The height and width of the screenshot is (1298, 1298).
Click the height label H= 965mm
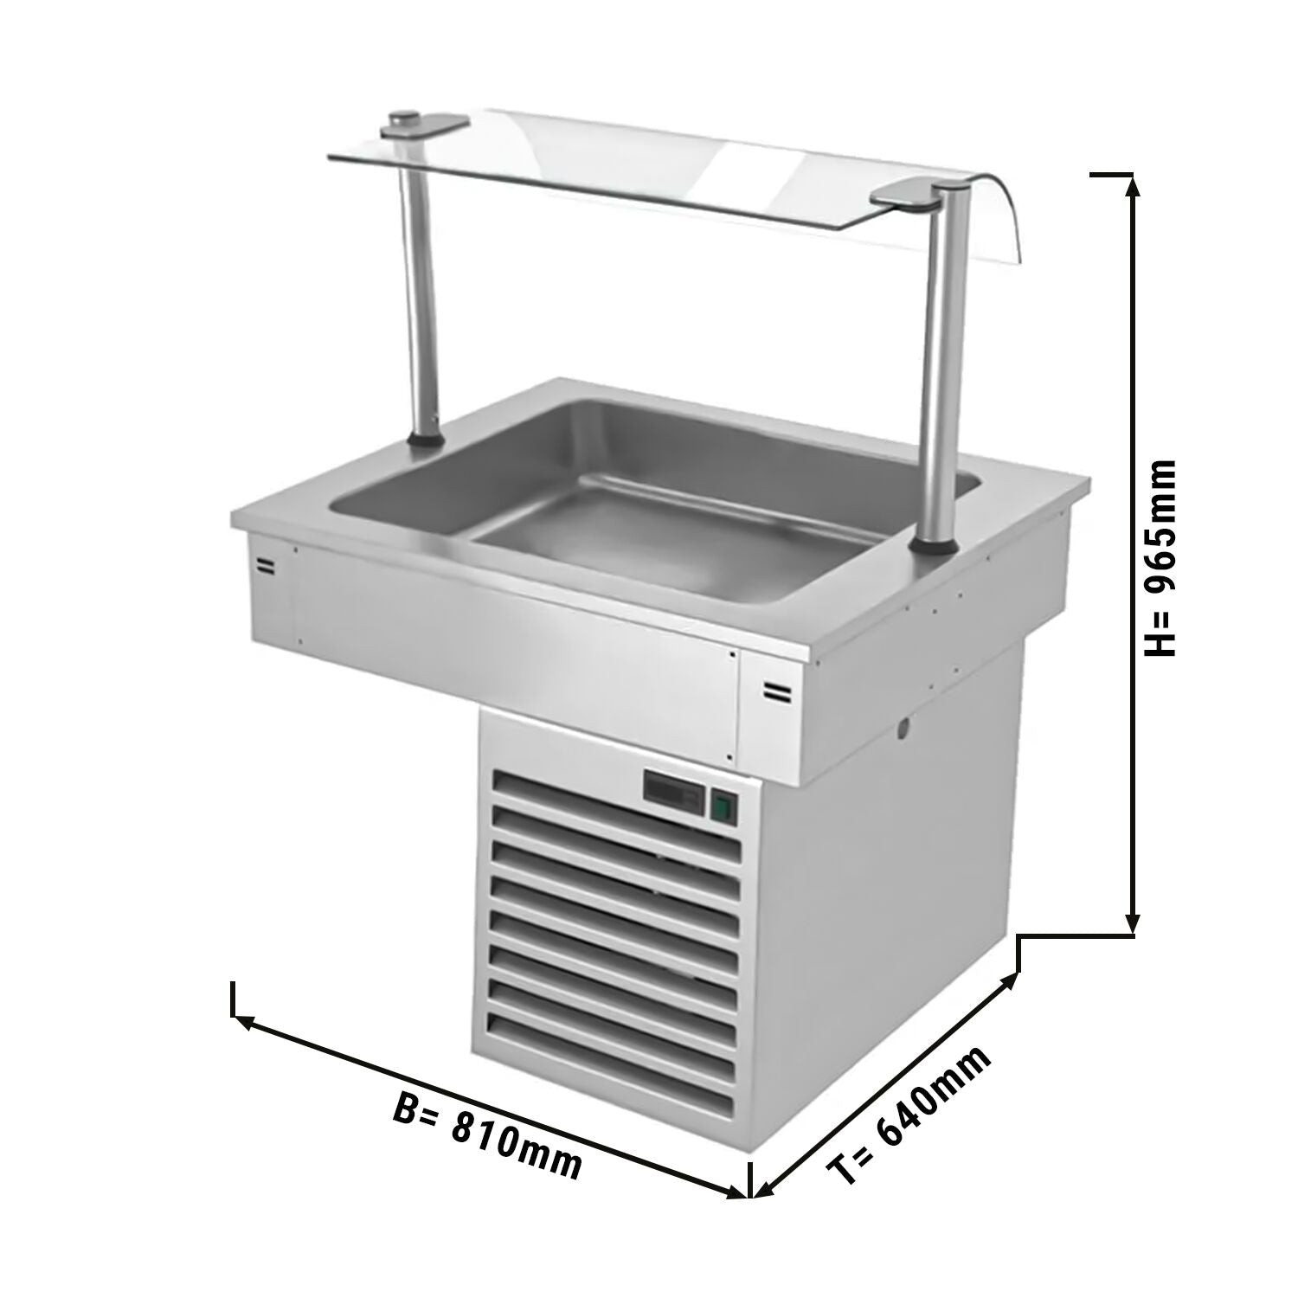tap(1160, 557)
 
